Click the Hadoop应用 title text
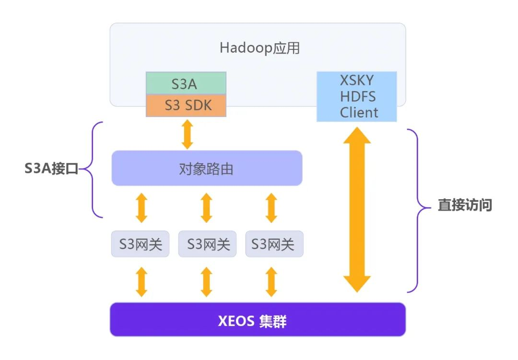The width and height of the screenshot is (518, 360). click(259, 48)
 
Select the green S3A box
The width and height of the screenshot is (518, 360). click(186, 84)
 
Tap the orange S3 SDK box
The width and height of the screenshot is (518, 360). click(186, 105)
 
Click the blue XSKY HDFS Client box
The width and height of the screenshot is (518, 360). click(356, 96)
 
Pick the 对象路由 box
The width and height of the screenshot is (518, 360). click(207, 168)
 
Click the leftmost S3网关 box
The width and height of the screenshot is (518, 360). click(141, 244)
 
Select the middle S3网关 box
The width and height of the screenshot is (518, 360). click(207, 244)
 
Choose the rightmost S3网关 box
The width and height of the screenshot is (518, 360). click(274, 244)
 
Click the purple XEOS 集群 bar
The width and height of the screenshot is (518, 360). click(258, 320)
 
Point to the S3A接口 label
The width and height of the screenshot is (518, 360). click(51, 169)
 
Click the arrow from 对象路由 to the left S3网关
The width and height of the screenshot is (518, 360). click(141, 207)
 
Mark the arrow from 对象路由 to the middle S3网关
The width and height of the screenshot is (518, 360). click(206, 207)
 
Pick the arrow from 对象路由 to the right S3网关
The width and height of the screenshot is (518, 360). click(271, 207)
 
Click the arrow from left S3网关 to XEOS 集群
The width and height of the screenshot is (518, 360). click(141, 282)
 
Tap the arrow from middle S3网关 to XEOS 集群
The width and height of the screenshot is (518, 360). click(206, 282)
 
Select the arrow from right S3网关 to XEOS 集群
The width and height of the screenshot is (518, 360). click(271, 282)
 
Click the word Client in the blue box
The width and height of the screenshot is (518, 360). click(359, 113)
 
